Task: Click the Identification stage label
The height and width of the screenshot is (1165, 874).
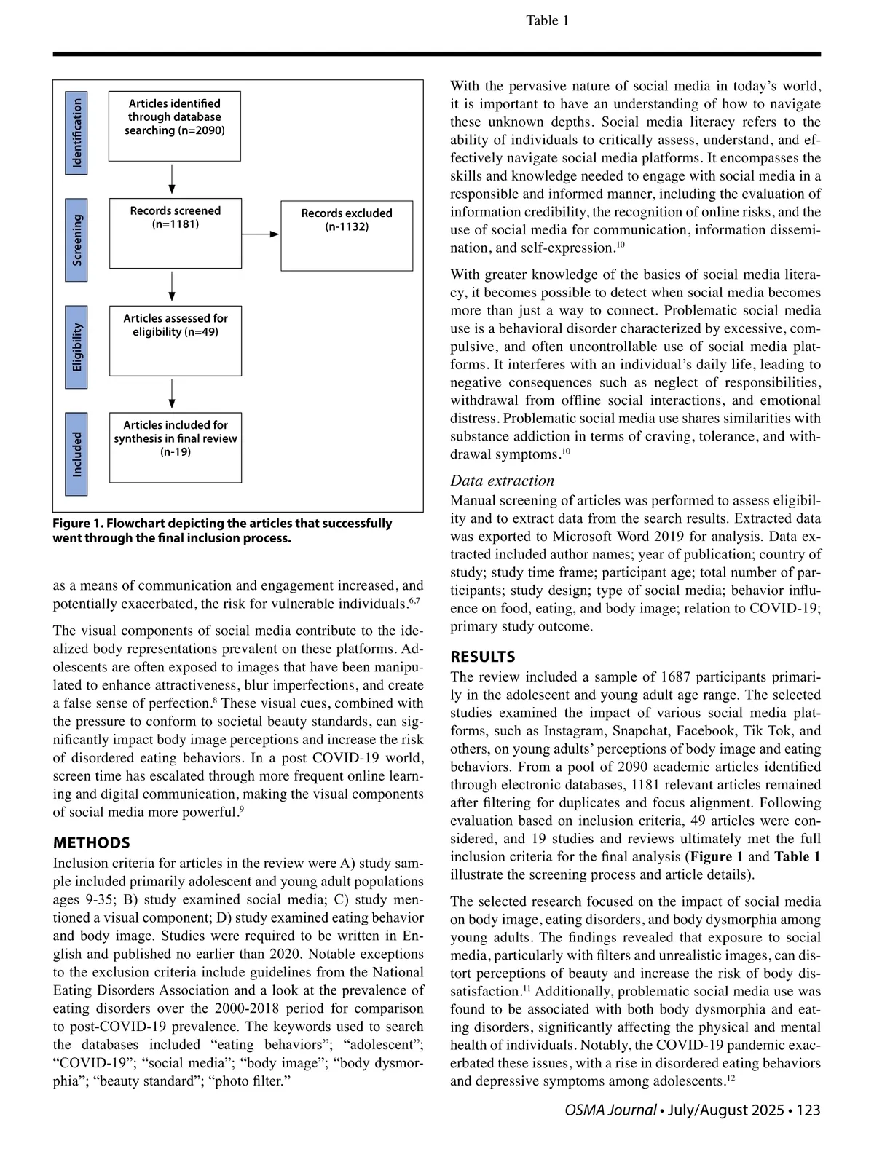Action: coord(76,133)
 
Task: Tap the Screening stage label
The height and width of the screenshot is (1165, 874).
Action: coord(76,240)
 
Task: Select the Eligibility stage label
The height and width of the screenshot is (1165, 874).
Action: coord(76,347)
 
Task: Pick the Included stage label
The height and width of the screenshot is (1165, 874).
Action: coord(76,454)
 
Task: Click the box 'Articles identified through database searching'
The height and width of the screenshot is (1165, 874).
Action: coord(175,126)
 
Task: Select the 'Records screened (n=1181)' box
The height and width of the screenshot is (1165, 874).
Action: coord(176,233)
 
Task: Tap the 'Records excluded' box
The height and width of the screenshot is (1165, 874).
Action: coord(347,236)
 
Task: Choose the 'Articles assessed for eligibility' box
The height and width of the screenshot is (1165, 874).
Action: coord(176,341)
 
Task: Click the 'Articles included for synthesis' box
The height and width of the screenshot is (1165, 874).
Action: coord(176,447)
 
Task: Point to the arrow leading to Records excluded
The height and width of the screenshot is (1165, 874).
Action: coord(261,234)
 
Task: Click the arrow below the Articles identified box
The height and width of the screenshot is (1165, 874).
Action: coord(172,180)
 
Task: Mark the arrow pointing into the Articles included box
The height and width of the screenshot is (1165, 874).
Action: coord(172,394)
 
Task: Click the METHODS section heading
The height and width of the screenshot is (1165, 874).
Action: coord(92,842)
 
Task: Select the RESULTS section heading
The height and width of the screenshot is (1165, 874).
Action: coord(482,657)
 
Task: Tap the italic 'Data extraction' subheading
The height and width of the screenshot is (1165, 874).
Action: coord(502,481)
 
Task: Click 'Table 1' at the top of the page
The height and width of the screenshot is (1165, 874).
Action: coord(547,20)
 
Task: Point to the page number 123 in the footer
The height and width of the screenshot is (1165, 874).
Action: coord(808,1110)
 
